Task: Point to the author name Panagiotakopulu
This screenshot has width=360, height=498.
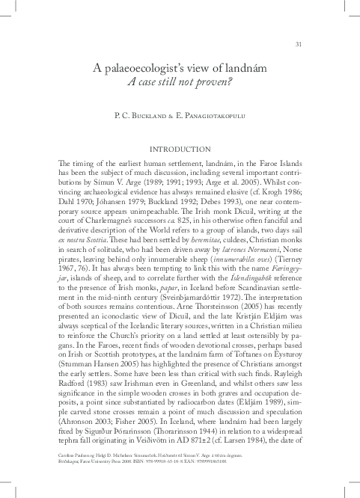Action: pos(216,117)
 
